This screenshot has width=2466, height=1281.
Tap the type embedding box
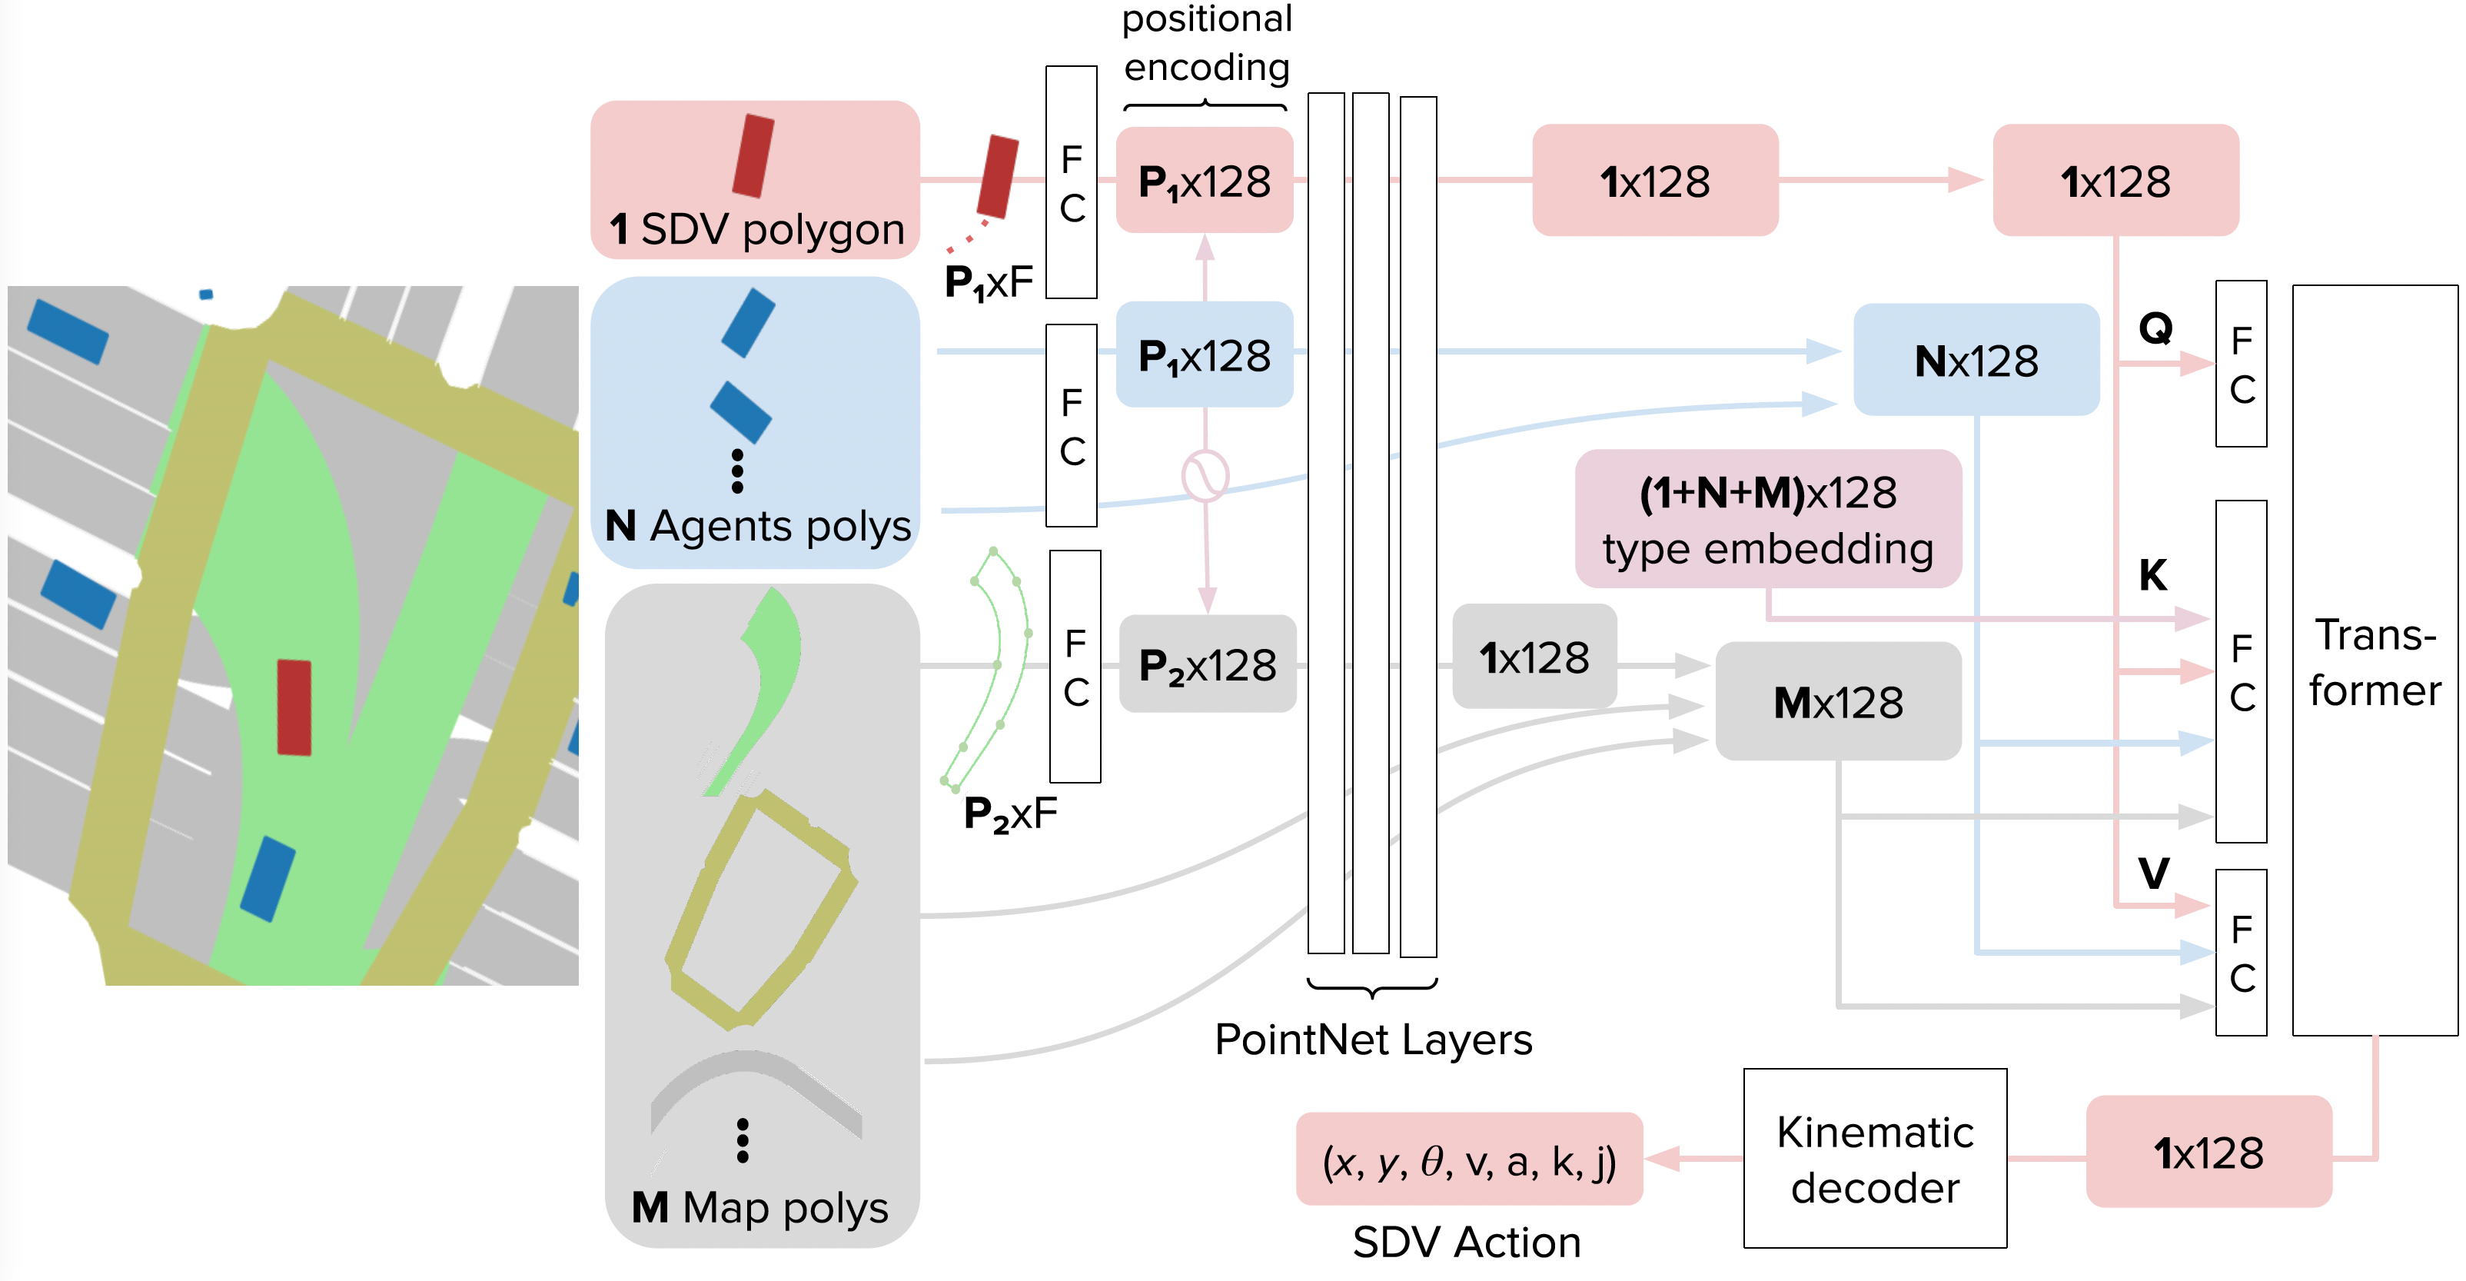click(x=1768, y=519)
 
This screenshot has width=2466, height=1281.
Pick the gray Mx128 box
click(x=1838, y=702)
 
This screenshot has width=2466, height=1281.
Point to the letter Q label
click(x=2156, y=329)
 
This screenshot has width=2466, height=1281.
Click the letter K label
click(x=2153, y=575)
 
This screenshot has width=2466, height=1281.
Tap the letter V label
click(x=2154, y=873)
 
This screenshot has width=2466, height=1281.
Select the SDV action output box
click(x=1470, y=1160)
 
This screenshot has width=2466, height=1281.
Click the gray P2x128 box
click(x=1207, y=664)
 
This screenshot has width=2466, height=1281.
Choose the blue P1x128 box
click(x=1205, y=355)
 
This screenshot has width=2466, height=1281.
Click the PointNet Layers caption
click(x=1373, y=1040)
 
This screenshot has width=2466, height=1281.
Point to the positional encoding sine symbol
click(x=1205, y=476)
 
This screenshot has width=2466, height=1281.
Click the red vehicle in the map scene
click(x=294, y=707)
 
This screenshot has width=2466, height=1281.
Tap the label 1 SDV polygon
click(x=756, y=230)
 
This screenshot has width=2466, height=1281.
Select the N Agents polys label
click(x=758, y=527)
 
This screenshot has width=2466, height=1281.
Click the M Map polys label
click(x=760, y=1208)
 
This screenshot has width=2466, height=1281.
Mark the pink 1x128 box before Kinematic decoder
click(x=2208, y=1152)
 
